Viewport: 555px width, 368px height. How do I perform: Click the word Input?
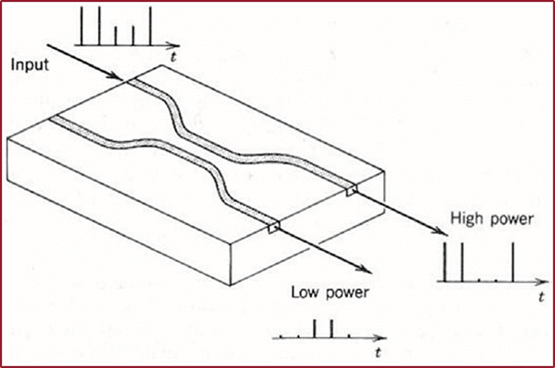30,65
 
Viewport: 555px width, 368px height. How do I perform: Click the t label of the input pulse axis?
173,57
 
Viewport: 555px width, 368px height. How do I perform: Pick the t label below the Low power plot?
379,350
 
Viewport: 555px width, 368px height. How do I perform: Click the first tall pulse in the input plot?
81,26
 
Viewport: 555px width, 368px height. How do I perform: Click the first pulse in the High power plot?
445,262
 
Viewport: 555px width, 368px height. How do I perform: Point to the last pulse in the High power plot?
513,262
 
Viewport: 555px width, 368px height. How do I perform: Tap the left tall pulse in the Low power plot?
314,327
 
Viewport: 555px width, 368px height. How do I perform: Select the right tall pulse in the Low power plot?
331,327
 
